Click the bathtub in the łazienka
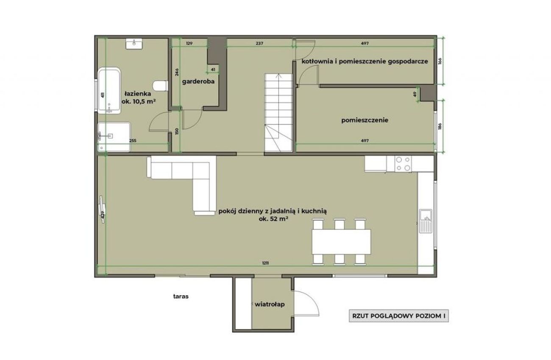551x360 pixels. click(x=109, y=91)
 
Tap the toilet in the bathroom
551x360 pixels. click(x=160, y=86)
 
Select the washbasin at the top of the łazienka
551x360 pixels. click(x=134, y=44)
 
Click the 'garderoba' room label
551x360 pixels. click(x=198, y=81)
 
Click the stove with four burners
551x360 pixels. click(x=403, y=163)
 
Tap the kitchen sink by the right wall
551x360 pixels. click(x=426, y=221)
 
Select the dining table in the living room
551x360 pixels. click(x=342, y=241)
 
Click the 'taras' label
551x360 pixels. click(x=181, y=296)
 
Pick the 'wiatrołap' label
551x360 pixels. click(x=270, y=304)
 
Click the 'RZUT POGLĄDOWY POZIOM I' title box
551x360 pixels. click(x=399, y=316)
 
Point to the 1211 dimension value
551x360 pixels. click(x=265, y=263)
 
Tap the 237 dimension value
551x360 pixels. click(x=259, y=44)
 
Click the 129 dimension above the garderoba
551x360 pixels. click(x=189, y=44)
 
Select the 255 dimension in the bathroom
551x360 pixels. click(x=133, y=141)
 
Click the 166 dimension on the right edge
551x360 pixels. click(x=440, y=61)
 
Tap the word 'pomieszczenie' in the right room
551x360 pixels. click(x=365, y=120)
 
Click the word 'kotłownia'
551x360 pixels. click(x=317, y=61)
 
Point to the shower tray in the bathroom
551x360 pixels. click(x=114, y=137)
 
